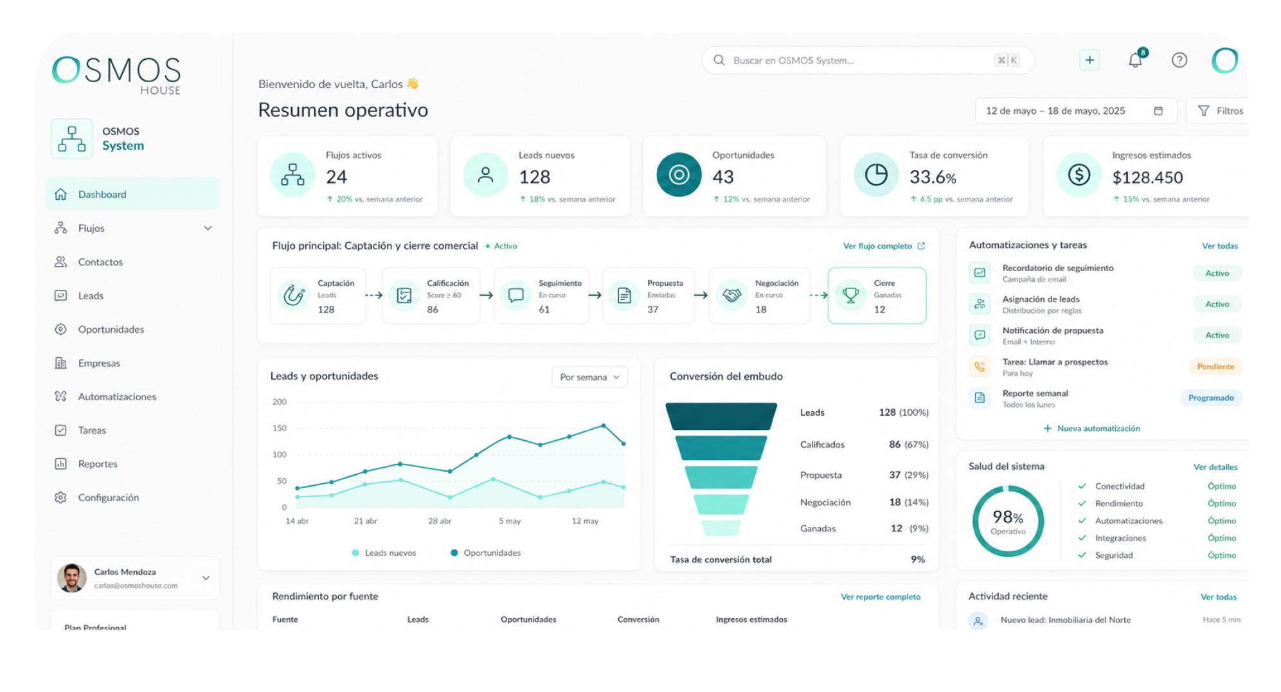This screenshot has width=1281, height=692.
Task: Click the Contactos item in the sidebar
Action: pos(100,262)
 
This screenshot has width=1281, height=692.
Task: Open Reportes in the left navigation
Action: pos(98,464)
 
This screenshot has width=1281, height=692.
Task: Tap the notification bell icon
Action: pos(1136,60)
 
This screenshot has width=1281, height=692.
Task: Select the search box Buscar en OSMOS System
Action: pos(868,60)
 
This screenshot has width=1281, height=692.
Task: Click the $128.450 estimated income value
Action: pos(1148,177)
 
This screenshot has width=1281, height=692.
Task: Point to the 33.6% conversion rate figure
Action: pos(933,177)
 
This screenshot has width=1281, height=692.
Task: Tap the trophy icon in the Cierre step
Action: pos(850,296)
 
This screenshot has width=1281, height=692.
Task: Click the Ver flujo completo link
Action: pos(884,246)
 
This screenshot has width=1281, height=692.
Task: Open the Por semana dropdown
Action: pos(589,377)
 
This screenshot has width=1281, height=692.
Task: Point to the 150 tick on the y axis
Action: pos(280,428)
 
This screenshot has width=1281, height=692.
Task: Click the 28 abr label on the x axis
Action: pos(440,521)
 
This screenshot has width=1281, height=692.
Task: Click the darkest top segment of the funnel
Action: pos(721,416)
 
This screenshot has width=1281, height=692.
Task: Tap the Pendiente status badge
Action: pos(1215,366)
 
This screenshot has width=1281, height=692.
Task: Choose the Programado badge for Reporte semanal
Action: pos(1211,398)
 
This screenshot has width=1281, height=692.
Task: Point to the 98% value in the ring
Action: pos(1008,517)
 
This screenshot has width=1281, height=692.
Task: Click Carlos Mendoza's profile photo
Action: pos(72,578)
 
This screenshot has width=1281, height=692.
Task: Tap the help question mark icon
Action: pos(1179,60)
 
